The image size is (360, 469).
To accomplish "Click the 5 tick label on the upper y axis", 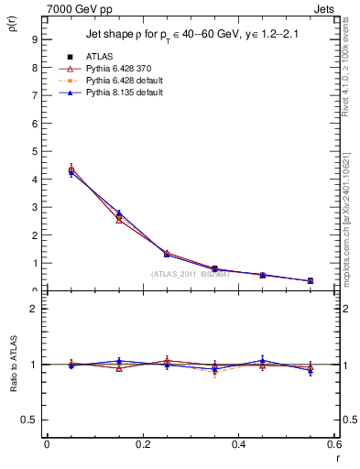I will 34,151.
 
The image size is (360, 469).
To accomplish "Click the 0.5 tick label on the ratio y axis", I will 30,420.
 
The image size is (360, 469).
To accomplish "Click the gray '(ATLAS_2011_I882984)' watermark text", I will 191,274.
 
